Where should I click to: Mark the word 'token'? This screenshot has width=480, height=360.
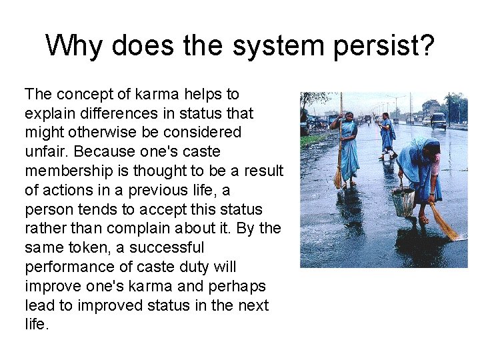[x=93, y=248]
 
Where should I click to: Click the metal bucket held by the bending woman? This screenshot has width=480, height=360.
[x=402, y=202]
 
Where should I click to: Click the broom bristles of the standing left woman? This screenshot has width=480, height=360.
[x=338, y=179]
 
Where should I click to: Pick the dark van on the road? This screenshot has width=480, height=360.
[x=438, y=119]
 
